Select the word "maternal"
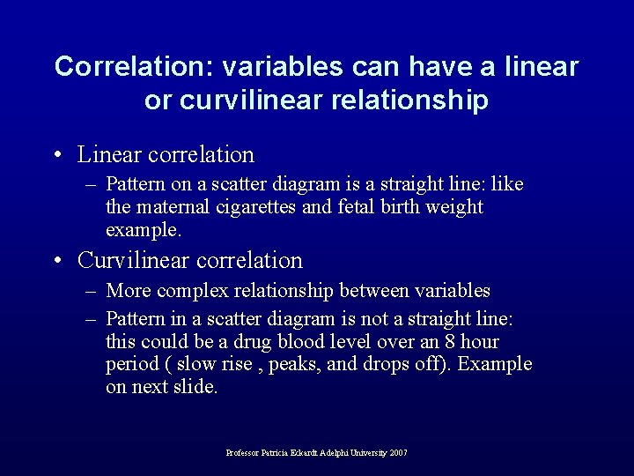click(x=177, y=207)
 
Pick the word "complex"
click(x=194, y=291)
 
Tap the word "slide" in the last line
click(x=197, y=387)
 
